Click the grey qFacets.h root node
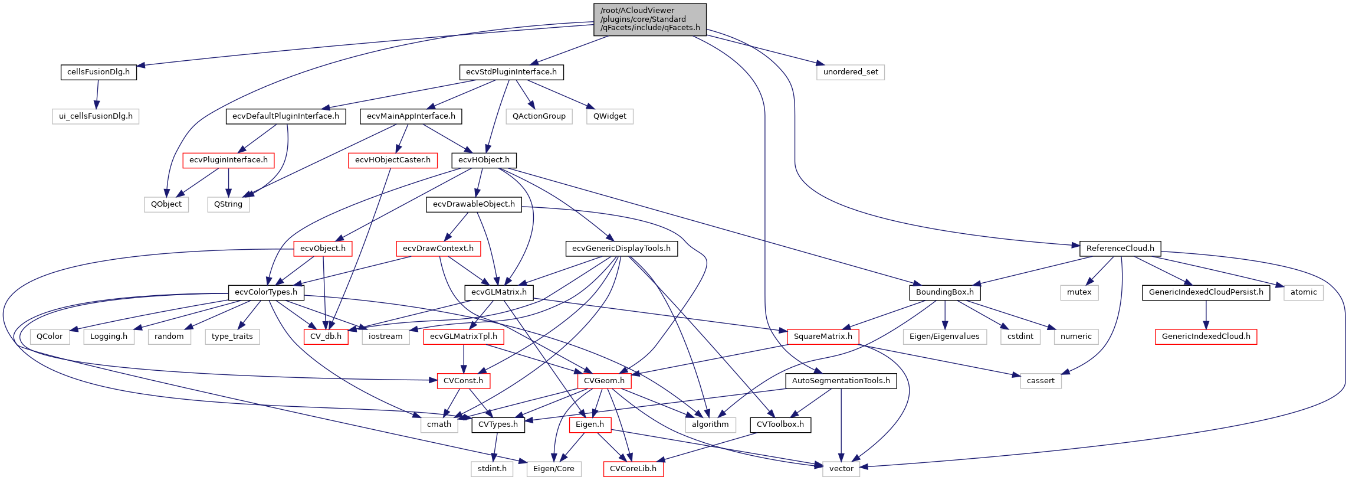pos(649,19)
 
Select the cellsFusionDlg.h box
pos(99,72)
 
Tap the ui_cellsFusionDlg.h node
pos(96,116)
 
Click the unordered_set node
pos(850,72)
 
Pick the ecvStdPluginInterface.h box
pos(511,72)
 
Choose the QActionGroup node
pos(539,116)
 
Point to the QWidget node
pos(609,116)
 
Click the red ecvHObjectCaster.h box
pos(392,160)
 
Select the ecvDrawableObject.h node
pos(474,204)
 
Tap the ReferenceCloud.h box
pos(1120,249)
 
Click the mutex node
pos(1079,292)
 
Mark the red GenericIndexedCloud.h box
pos(1206,337)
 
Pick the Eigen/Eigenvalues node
pos(944,337)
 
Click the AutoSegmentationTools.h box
pos(841,381)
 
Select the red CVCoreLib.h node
pos(633,469)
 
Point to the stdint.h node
pos(492,469)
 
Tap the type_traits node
pos(232,337)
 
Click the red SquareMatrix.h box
pos(822,337)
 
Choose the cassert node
pos(1040,381)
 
